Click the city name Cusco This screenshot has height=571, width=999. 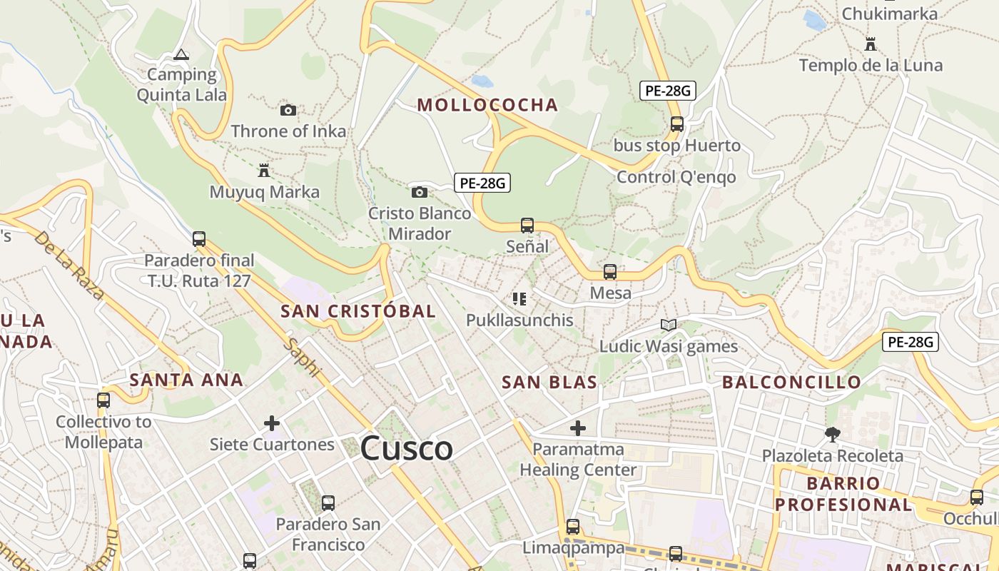[406, 449]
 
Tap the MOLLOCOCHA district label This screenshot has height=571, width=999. [487, 105]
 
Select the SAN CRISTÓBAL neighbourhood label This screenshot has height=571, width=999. [357, 311]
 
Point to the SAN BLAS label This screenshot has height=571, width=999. [549, 382]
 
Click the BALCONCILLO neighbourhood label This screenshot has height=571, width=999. [791, 382]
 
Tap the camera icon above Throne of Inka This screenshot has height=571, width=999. [288, 110]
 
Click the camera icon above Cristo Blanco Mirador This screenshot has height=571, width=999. [420, 192]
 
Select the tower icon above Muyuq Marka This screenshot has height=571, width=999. [264, 171]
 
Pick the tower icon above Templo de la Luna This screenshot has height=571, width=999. [870, 44]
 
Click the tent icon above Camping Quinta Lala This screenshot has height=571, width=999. [181, 54]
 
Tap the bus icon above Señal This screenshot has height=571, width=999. [527, 226]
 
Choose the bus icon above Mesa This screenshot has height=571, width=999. [610, 272]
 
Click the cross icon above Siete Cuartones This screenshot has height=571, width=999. [271, 423]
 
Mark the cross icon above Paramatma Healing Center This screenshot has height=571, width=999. [578, 428]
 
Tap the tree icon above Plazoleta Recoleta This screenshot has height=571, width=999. [832, 434]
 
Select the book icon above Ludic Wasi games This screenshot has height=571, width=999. [668, 325]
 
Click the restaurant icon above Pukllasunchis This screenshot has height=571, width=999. [519, 299]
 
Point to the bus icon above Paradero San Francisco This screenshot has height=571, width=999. [328, 503]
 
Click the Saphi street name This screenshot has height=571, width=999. [303, 358]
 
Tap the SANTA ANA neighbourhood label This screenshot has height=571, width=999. [187, 380]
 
